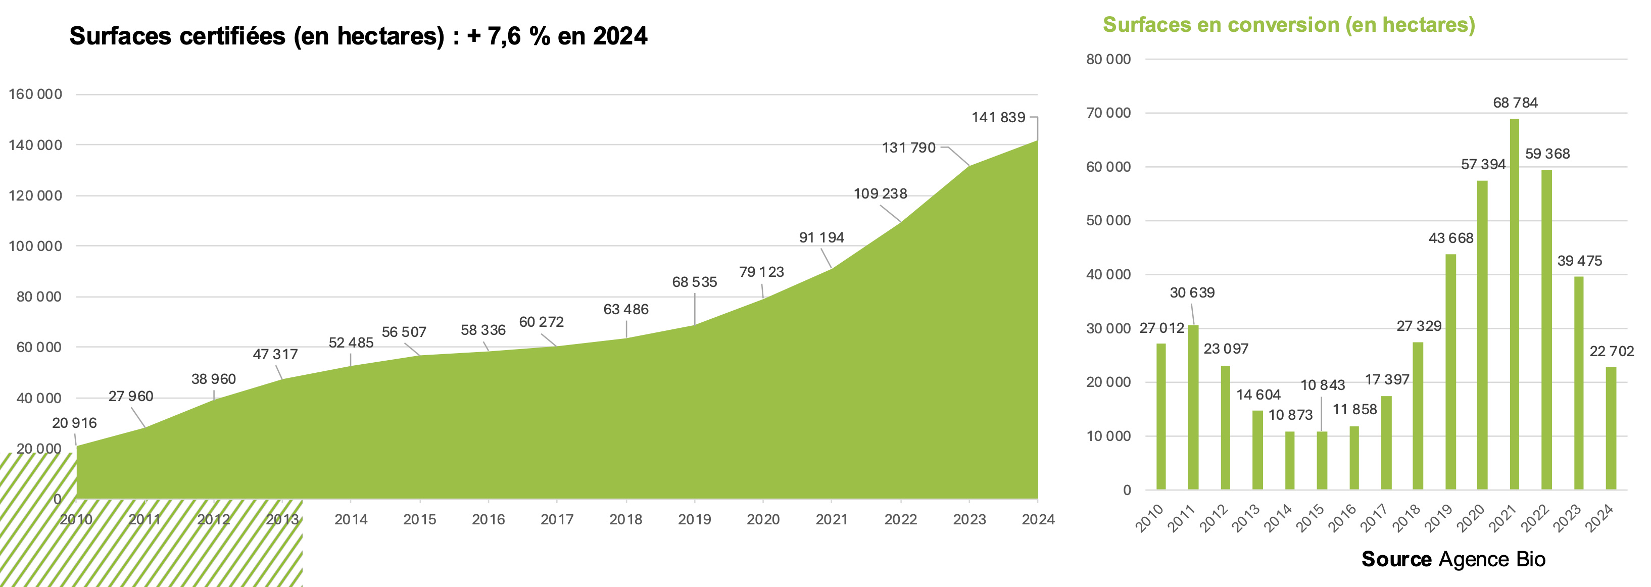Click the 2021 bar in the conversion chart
[1515, 305]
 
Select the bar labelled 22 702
[1611, 428]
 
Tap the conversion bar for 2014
[1289, 460]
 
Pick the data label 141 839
[998, 117]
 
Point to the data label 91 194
[821, 238]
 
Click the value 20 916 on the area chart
[74, 423]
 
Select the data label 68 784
[1515, 103]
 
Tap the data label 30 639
[1192, 293]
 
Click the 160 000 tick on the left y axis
[35, 94]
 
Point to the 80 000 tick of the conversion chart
[1108, 59]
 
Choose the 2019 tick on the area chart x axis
[694, 519]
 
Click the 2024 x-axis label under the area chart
[1038, 519]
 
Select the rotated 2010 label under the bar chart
[1150, 518]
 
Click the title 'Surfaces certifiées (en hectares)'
[256, 36]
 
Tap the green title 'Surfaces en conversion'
[1288, 25]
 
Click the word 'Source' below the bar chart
[1396, 559]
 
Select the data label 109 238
[880, 193]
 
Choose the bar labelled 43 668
[1450, 372]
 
